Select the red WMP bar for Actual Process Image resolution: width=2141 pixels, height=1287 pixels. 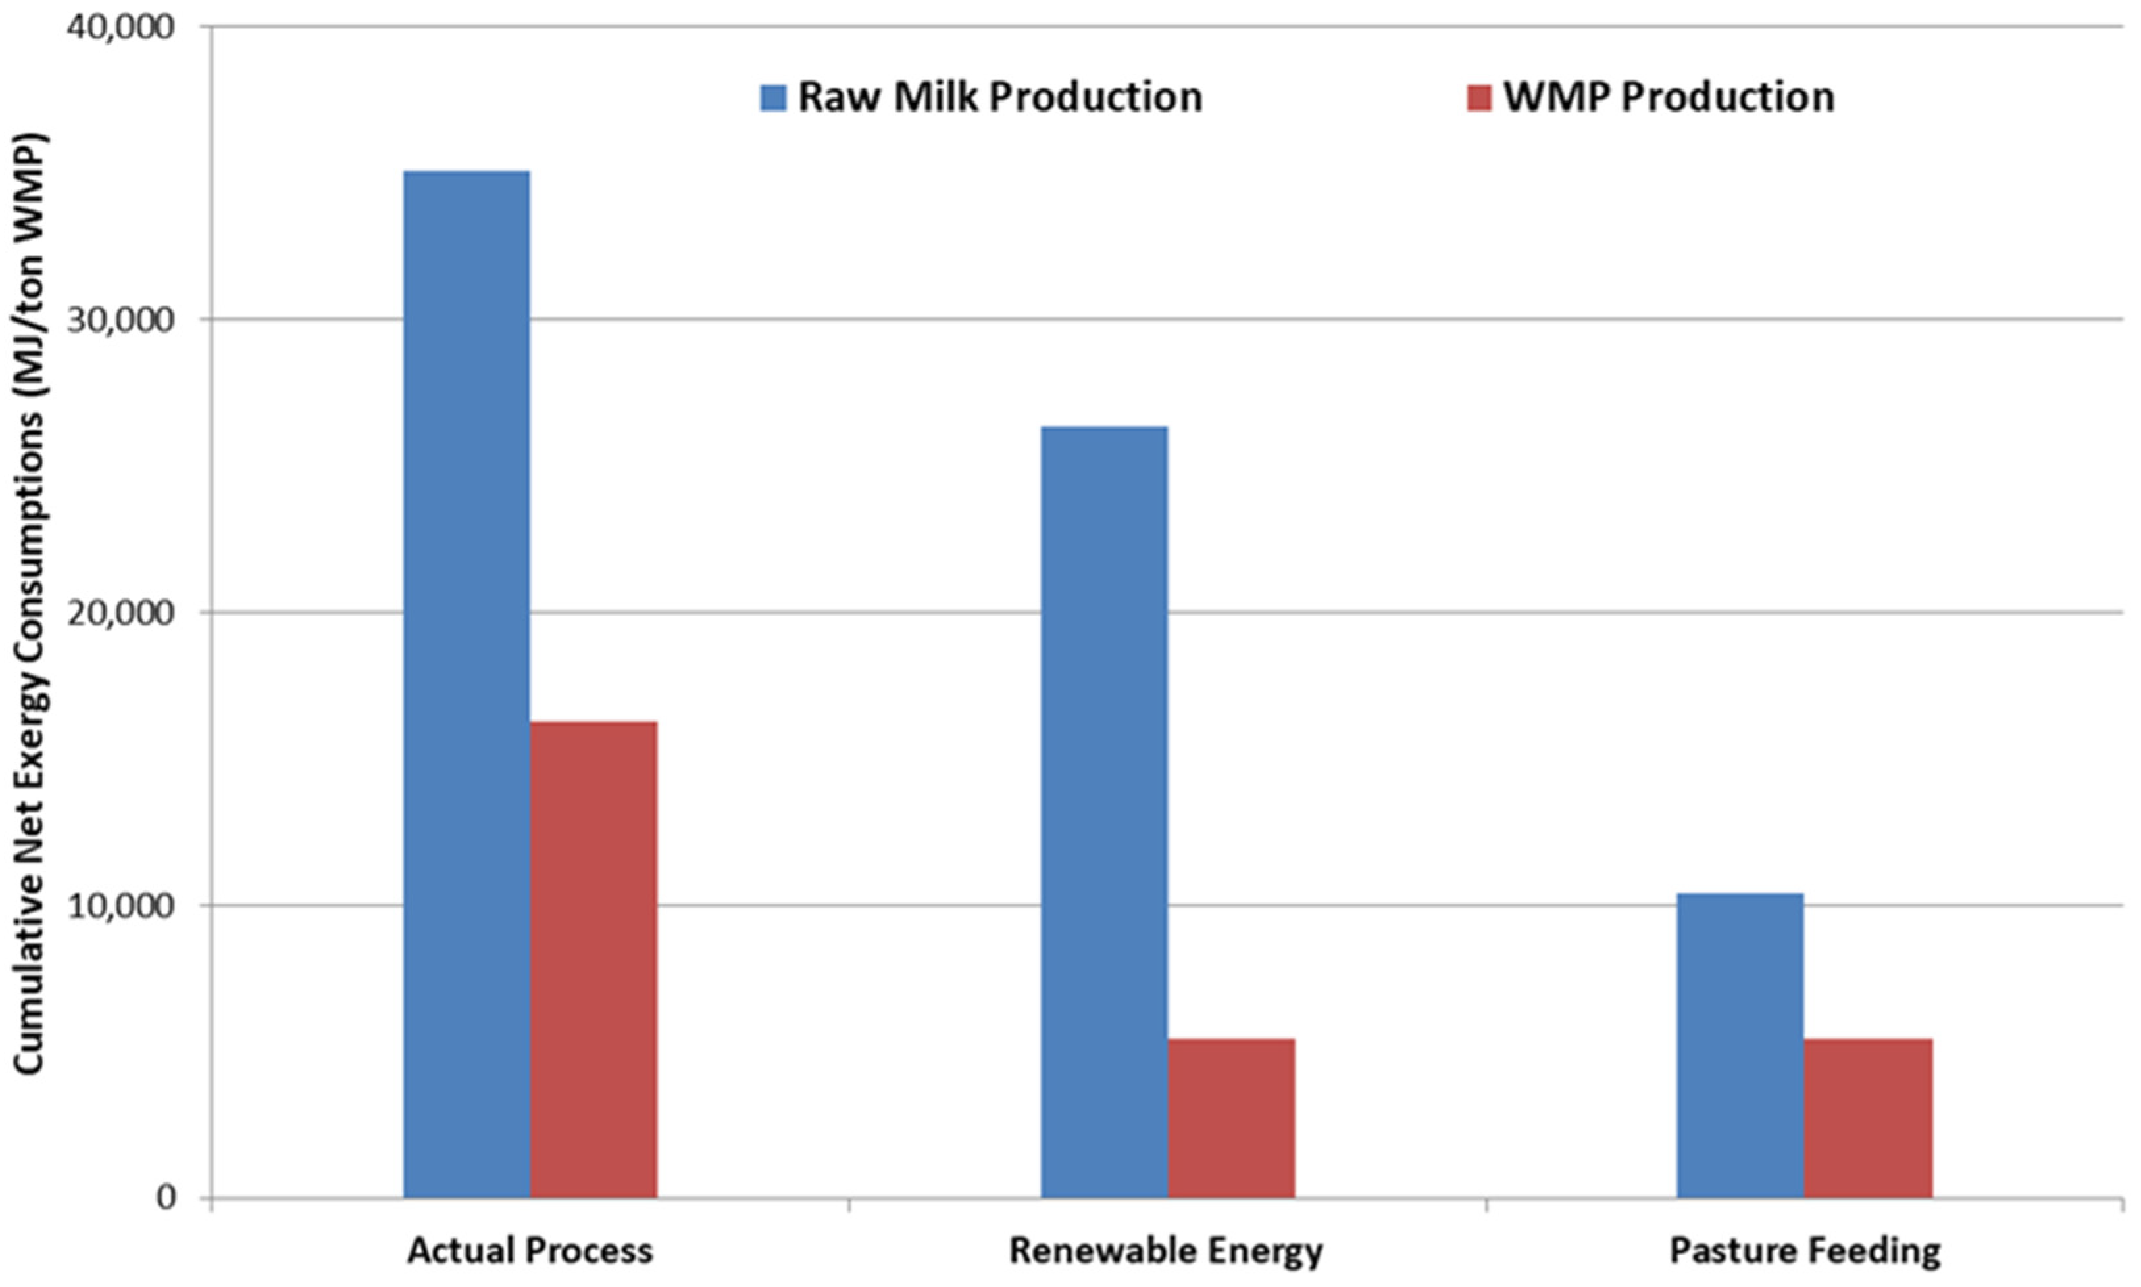point(594,959)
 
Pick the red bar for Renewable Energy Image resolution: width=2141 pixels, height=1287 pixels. point(1231,1118)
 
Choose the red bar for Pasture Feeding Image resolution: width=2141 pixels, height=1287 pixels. point(1868,1118)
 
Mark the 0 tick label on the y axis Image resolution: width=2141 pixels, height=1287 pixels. point(165,1198)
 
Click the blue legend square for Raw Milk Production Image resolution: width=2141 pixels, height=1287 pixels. point(773,97)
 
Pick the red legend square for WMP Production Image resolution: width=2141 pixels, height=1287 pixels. point(1478,97)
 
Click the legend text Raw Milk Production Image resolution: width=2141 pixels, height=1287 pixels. point(999,97)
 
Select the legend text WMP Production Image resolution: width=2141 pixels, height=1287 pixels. point(1668,97)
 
